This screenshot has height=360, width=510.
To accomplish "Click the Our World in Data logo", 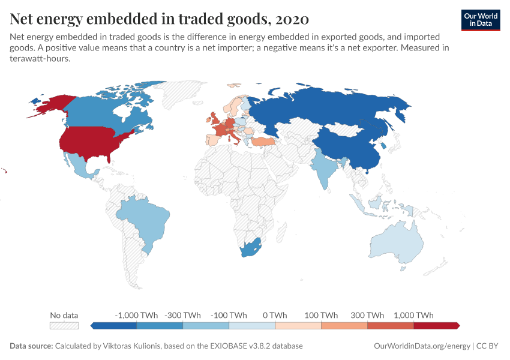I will [x=481, y=20].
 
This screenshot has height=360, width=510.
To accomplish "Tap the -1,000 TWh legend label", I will [x=136, y=315].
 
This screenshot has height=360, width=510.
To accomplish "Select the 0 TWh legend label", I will [x=275, y=315].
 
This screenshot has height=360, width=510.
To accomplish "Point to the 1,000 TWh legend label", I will [x=413, y=315].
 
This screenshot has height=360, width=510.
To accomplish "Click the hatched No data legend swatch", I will [x=64, y=326].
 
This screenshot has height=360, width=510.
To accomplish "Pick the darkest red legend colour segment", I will [x=436, y=326].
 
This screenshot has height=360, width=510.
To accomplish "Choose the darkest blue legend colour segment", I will [x=114, y=326].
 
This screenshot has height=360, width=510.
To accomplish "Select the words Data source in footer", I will [x=31, y=346].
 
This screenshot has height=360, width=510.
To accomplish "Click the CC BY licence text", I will [x=489, y=346].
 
